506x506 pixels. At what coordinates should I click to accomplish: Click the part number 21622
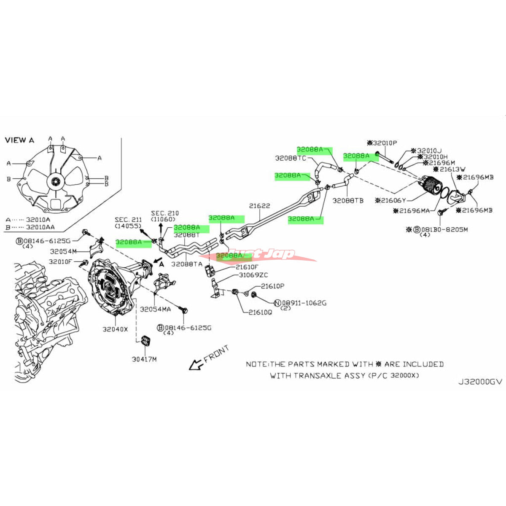click(x=259, y=206)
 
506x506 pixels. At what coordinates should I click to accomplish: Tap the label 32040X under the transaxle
click(x=115, y=329)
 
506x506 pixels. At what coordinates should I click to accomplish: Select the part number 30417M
click(x=144, y=359)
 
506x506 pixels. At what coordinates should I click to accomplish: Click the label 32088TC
click(x=291, y=158)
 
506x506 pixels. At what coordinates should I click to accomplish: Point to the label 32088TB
click(x=348, y=201)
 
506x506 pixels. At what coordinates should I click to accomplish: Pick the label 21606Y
click(x=393, y=200)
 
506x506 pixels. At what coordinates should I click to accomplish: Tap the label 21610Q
click(x=260, y=312)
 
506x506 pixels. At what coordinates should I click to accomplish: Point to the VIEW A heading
click(x=20, y=140)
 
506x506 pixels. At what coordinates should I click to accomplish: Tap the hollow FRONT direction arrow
click(x=195, y=364)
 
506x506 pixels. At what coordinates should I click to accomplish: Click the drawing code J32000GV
click(x=480, y=382)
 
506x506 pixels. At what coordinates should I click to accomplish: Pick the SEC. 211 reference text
click(x=128, y=220)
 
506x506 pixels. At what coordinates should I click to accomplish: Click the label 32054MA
click(x=156, y=309)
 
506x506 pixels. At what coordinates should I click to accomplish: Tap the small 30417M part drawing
click(x=146, y=341)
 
